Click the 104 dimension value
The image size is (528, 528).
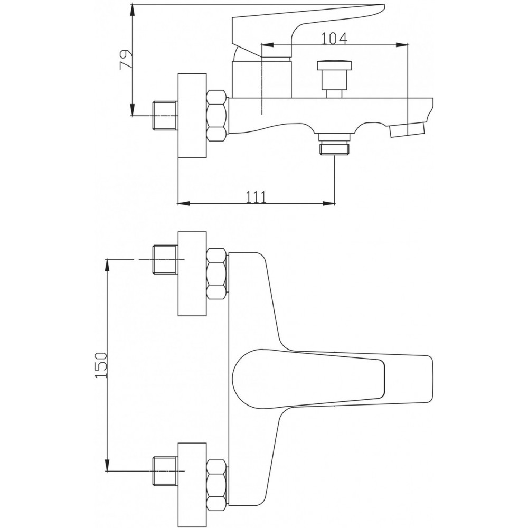click(334, 39)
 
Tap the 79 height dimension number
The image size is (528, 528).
click(126, 60)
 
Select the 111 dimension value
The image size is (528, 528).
click(256, 197)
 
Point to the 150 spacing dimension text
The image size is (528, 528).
click(101, 365)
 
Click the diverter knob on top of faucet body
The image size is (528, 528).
click(335, 79)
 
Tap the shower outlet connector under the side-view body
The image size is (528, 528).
click(335, 144)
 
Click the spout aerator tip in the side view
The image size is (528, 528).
click(407, 130)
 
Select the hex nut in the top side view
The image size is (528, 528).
click(216, 115)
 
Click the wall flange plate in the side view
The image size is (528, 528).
click(192, 116)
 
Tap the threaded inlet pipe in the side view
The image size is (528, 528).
click(165, 116)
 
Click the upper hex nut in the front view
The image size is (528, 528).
click(216, 274)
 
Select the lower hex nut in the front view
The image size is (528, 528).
click(216, 485)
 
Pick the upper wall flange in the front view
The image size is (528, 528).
click(192, 274)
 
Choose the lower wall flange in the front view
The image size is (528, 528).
click(192, 485)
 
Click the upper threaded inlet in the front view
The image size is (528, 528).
click(165, 260)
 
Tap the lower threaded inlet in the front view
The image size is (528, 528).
click(165, 472)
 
